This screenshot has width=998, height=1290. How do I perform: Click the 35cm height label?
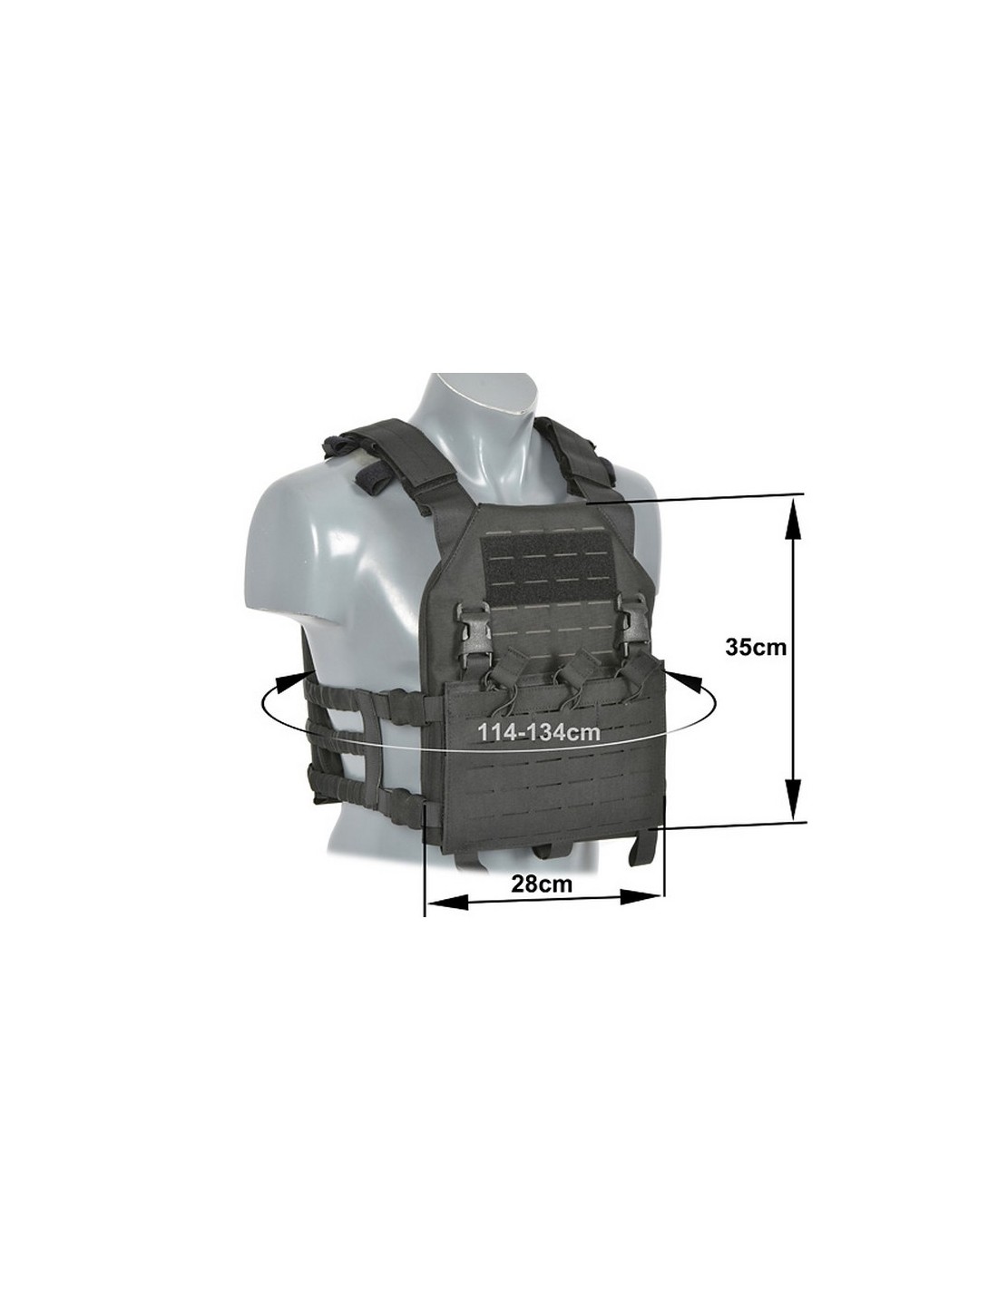point(755,647)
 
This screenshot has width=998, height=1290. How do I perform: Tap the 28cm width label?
point(542,900)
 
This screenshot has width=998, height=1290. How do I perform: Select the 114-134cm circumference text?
point(539,733)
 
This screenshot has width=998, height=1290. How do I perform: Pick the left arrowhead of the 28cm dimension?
point(449,919)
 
